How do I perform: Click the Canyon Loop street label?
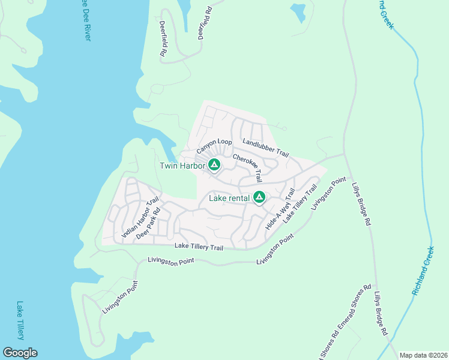coord(214,145)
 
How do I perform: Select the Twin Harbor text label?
coord(182,166)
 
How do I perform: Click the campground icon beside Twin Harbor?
coord(214,164)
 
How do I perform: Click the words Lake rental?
coord(229,197)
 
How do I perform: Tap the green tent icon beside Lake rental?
coord(259,197)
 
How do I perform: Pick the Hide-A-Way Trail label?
coord(280,209)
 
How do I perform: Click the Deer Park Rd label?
coord(149,224)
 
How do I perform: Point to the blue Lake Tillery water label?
coord(20,320)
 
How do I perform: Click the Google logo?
coord(20,353)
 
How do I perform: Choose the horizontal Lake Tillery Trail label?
coord(199,247)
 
